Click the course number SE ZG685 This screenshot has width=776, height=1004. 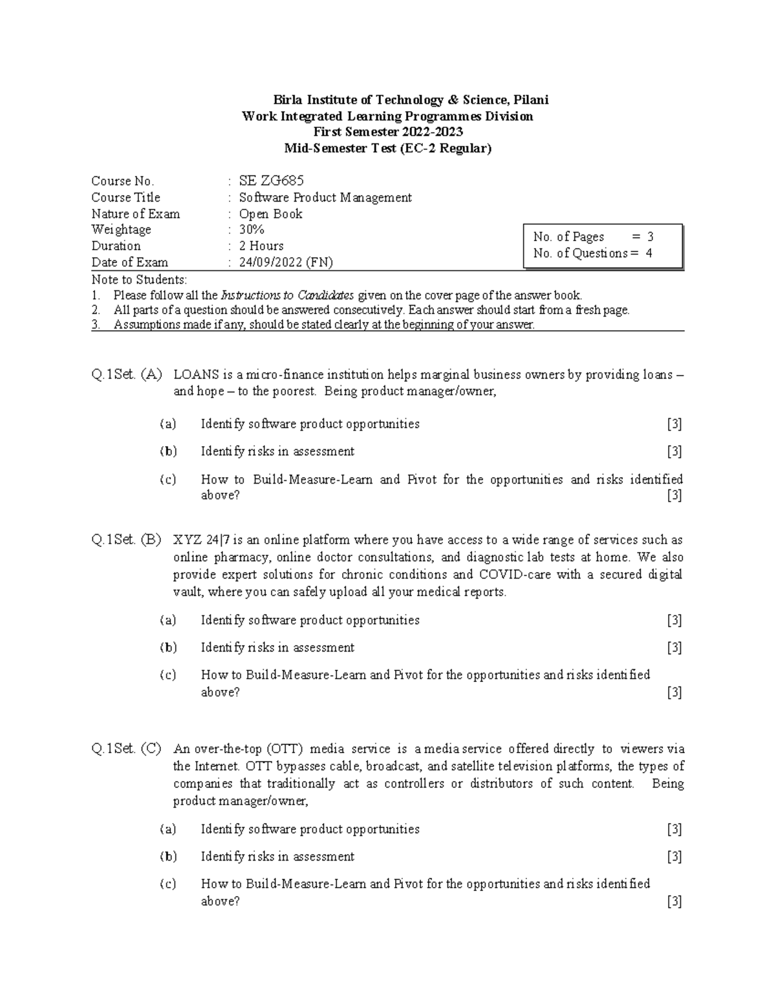point(271,181)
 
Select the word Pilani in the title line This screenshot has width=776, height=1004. point(531,100)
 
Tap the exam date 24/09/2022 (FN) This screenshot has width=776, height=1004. point(286,262)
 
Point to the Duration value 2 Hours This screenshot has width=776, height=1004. point(261,246)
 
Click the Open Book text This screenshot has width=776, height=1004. point(270,214)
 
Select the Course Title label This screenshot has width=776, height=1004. point(125,197)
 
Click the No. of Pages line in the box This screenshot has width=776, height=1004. point(593,237)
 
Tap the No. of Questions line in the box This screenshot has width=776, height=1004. point(592,253)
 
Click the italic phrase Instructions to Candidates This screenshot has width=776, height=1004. point(287,295)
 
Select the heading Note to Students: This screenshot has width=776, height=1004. point(139,280)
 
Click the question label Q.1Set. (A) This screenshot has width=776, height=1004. point(127,374)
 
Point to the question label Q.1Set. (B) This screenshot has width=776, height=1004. point(127,540)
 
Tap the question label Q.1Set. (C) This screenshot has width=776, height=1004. point(127,749)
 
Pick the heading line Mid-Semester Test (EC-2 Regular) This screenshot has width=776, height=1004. point(388,149)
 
